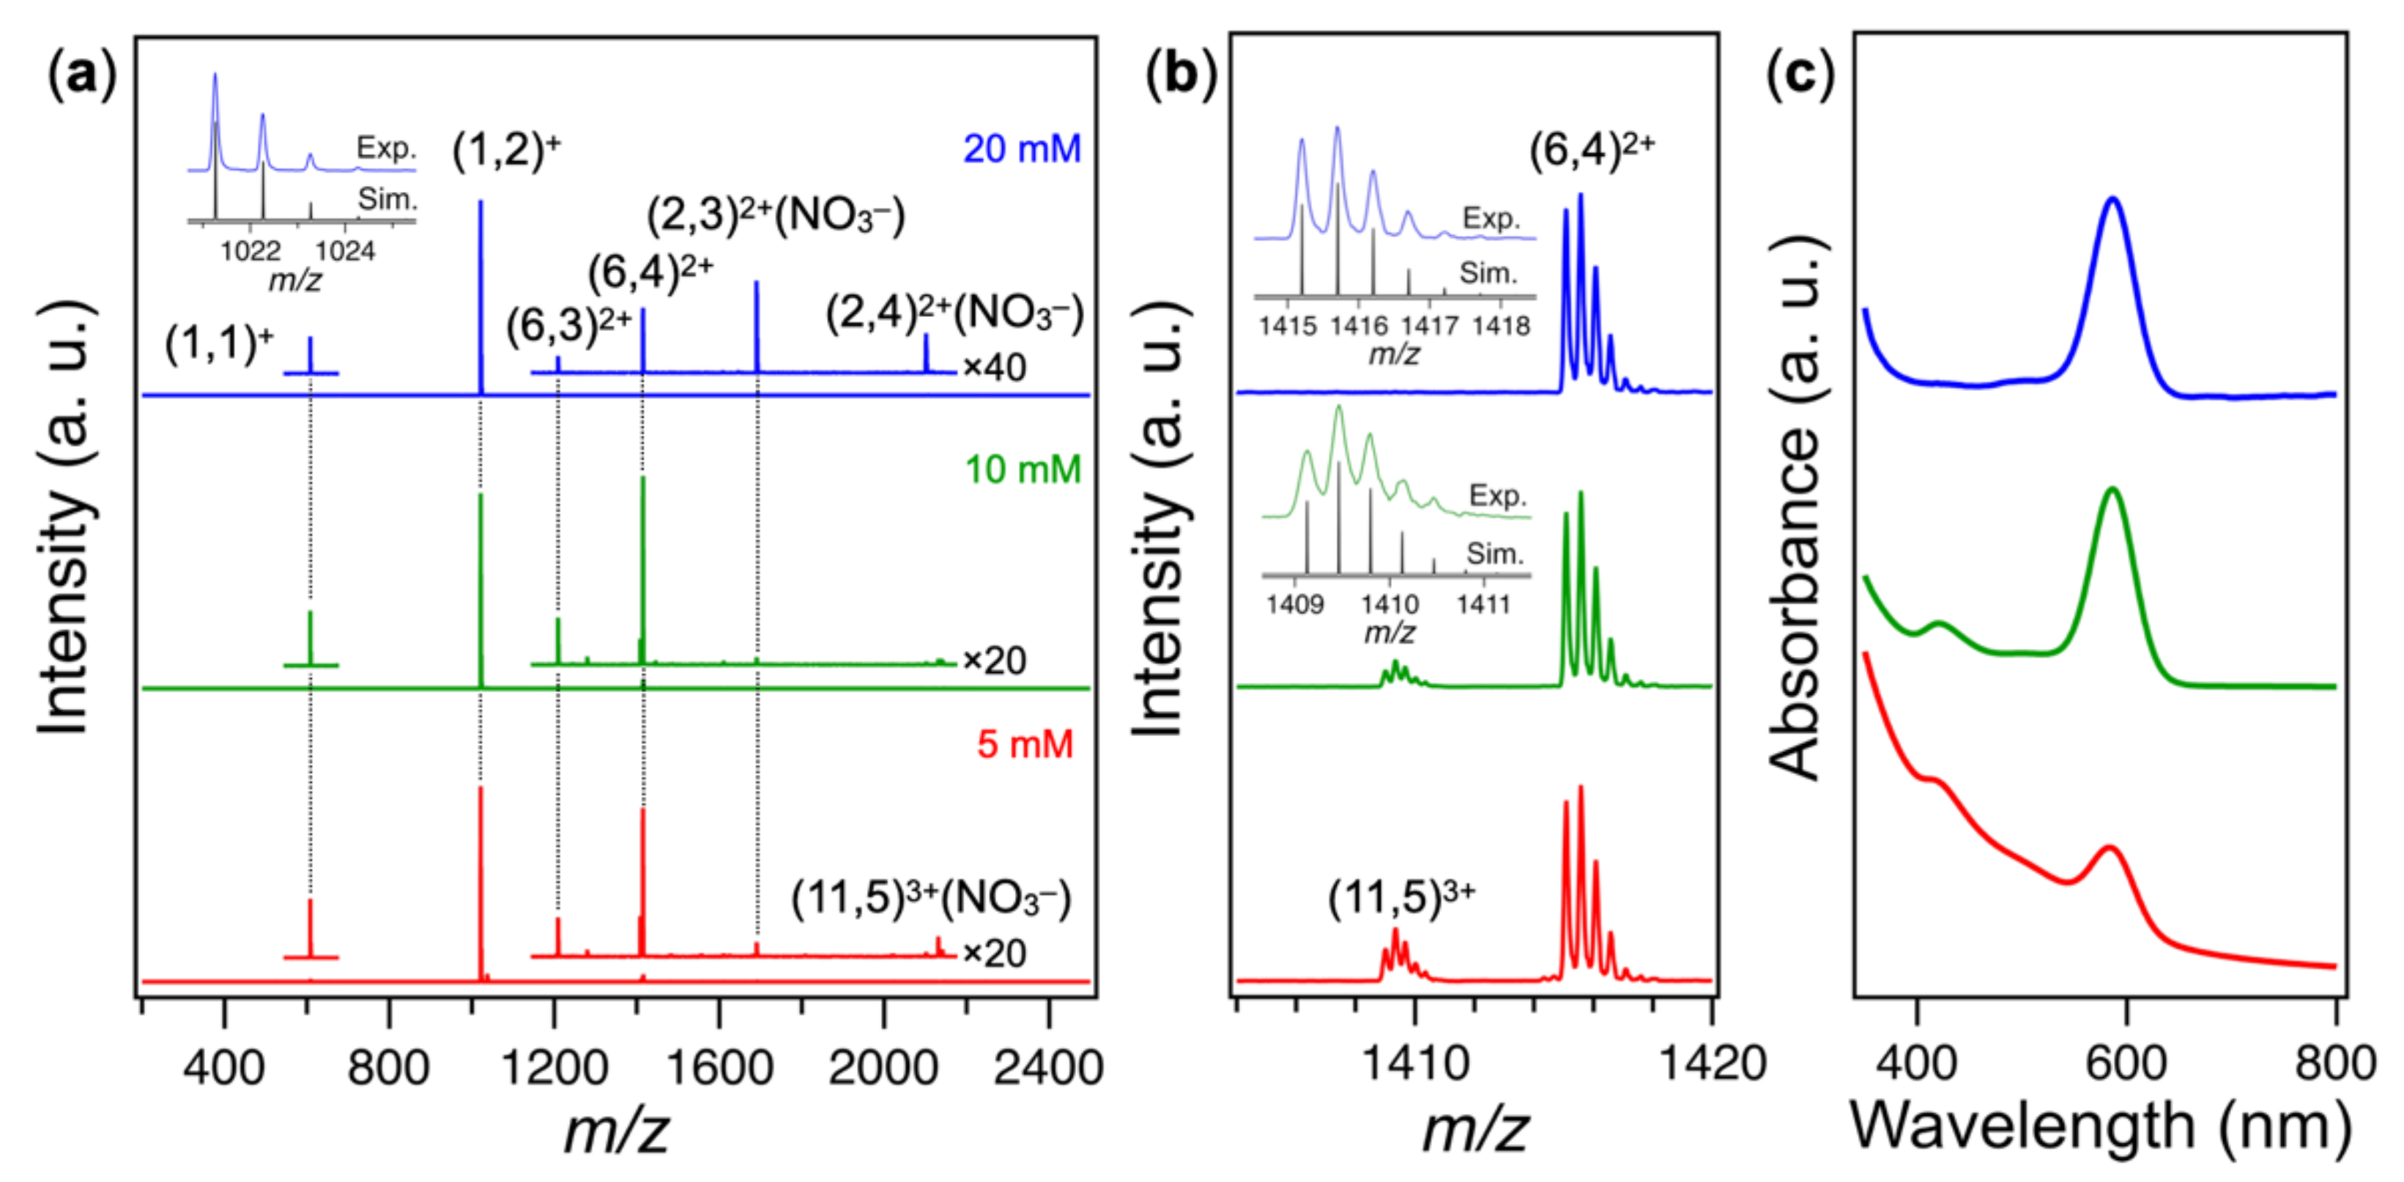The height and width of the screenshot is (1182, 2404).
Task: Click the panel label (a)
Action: point(82,75)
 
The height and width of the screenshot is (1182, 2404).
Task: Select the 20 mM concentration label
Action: point(1022,149)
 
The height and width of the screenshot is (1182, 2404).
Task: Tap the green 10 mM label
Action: point(1023,469)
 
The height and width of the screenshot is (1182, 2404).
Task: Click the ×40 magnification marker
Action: point(995,368)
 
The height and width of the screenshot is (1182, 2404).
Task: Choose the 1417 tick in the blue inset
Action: point(1430,327)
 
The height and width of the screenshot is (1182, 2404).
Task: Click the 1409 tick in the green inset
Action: point(1295,604)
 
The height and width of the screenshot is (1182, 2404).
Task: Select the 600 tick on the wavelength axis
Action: point(2126,1063)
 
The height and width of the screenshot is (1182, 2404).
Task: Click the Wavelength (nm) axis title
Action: point(2100,1126)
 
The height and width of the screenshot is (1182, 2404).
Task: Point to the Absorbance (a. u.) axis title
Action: point(1797,508)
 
